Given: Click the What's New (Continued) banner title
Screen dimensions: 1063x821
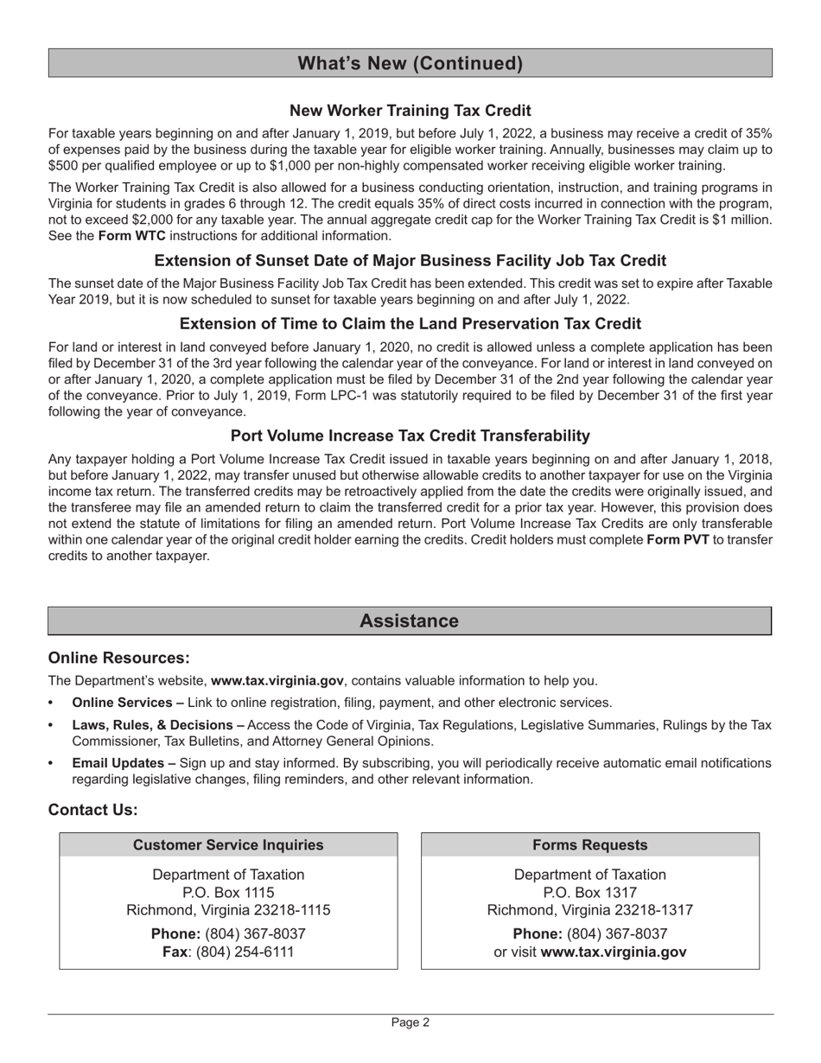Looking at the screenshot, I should pos(410,63).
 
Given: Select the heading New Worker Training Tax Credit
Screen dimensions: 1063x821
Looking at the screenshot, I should pos(410,111).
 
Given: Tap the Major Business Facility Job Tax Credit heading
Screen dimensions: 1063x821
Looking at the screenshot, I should pos(410,261).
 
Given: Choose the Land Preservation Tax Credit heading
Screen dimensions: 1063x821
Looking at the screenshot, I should pos(410,324).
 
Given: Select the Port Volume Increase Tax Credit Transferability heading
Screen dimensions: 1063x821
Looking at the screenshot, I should pos(410,436).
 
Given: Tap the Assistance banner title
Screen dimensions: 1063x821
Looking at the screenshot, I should pos(409,621).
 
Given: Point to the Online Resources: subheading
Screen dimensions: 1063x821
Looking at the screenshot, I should pos(118,659).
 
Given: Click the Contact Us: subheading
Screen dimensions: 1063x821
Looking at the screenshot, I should pos(92,810).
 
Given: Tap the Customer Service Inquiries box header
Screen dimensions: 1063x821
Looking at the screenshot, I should pos(228,845).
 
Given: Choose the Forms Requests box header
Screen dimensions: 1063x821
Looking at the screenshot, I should pos(589,845).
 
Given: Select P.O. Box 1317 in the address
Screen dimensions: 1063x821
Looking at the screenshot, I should pos(589,893).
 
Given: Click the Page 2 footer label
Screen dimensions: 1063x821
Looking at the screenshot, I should pos(410,1022).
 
